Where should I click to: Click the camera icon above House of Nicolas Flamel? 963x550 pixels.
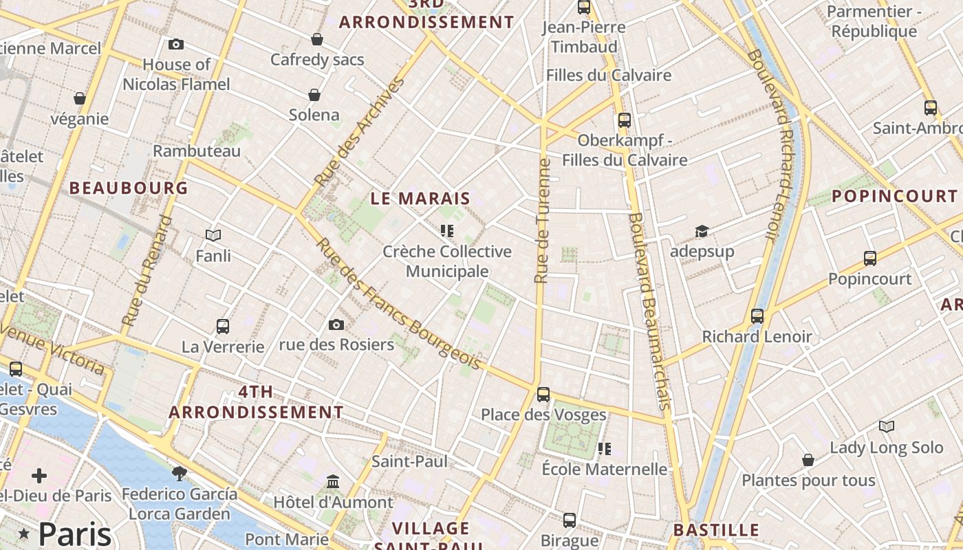tap(176, 44)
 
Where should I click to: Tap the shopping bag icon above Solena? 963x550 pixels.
tap(314, 94)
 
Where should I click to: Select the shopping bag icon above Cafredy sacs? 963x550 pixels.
tap(317, 39)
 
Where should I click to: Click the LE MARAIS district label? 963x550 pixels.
tap(420, 199)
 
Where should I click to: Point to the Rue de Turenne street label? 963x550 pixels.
tap(543, 221)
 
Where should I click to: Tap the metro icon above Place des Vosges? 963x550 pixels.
tap(543, 395)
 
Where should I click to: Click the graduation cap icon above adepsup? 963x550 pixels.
tap(702, 231)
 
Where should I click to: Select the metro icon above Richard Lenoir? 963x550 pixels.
tap(757, 316)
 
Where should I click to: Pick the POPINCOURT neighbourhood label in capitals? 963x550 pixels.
tap(895, 196)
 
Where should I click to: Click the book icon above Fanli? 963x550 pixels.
tap(213, 236)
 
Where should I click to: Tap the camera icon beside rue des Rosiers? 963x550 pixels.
tap(336, 324)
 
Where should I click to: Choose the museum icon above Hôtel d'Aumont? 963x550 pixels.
tap(334, 481)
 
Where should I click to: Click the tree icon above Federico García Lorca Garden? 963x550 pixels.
tap(180, 473)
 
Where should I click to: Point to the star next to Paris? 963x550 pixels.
tap(25, 533)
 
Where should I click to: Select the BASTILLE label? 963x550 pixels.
tap(715, 530)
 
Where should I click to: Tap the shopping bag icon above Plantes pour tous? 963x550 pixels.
tap(808, 459)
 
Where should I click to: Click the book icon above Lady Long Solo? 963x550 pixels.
tap(887, 427)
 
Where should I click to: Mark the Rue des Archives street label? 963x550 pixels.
tap(358, 133)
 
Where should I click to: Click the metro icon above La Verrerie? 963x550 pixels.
tap(223, 326)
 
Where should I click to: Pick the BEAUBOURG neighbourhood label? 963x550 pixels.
tap(129, 188)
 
